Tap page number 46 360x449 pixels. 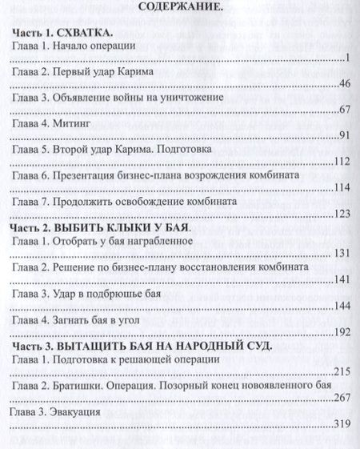click(x=345, y=84)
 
